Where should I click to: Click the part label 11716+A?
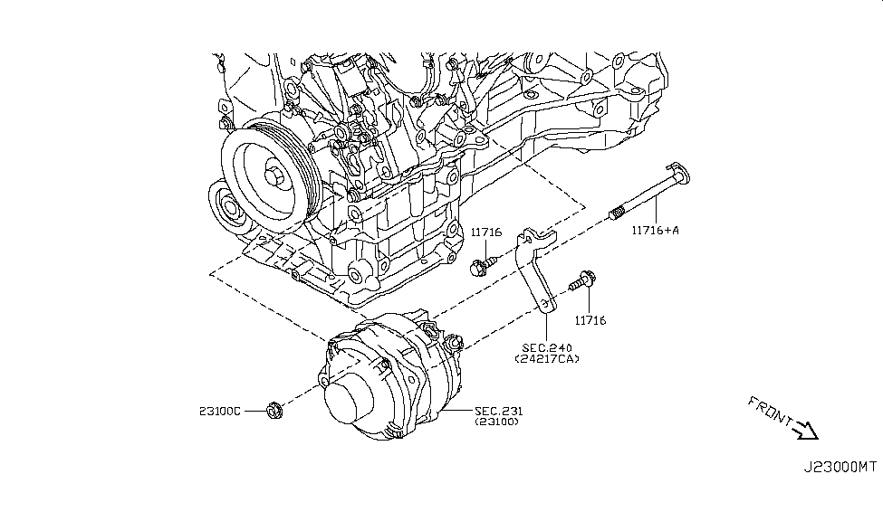[x=655, y=230]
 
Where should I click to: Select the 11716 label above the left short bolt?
[x=486, y=232]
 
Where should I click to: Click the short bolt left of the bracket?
[x=480, y=266]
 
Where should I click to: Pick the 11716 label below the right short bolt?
[x=590, y=320]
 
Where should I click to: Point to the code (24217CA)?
[x=548, y=359]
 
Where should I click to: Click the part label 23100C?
[x=221, y=411]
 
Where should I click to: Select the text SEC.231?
[x=498, y=411]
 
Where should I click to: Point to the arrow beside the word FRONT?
[x=803, y=430]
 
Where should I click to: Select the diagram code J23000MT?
[x=840, y=467]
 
